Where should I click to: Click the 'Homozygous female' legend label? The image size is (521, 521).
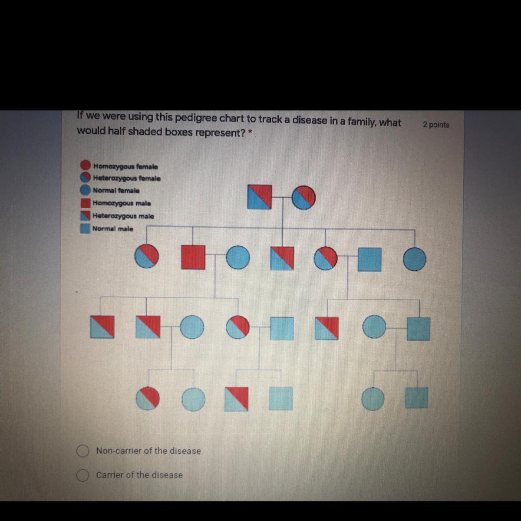(125, 166)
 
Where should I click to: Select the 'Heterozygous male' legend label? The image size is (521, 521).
(123, 216)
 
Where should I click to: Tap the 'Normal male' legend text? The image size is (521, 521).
(113, 229)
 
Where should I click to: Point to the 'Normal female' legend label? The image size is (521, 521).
(116, 190)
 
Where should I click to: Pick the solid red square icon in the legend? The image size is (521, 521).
(86, 203)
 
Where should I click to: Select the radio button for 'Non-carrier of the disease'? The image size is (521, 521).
(82, 451)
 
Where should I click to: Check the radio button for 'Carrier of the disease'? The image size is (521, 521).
(82, 475)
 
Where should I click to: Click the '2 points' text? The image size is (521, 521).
(436, 125)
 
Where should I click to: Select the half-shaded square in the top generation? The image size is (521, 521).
(260, 197)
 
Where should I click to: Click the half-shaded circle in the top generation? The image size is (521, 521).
(303, 198)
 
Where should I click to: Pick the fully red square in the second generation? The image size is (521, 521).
(193, 257)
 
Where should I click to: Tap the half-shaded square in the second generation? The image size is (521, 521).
(282, 258)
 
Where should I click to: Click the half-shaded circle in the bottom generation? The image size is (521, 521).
(148, 399)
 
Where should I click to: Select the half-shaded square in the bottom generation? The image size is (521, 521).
(236, 399)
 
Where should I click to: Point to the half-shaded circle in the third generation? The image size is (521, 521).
(238, 327)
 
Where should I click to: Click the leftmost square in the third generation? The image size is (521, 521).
(102, 327)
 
